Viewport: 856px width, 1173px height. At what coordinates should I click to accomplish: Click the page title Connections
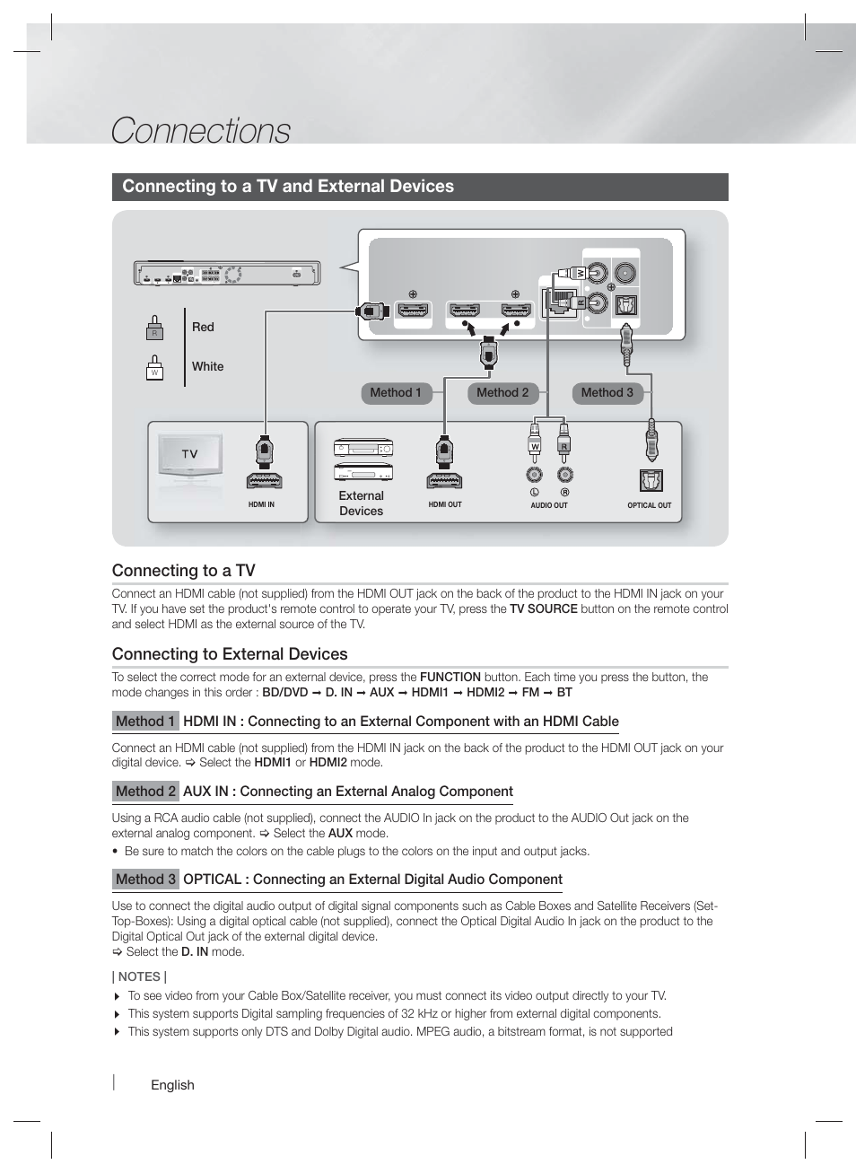[x=200, y=131]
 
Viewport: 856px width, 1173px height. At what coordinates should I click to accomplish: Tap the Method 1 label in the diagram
[x=396, y=393]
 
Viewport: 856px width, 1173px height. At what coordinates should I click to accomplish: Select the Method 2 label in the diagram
[x=502, y=393]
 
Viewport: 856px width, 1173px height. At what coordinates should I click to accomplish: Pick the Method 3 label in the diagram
[x=607, y=393]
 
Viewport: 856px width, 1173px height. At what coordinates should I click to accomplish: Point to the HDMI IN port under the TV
[x=263, y=480]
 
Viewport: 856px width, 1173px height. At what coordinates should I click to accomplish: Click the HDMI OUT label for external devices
[x=445, y=504]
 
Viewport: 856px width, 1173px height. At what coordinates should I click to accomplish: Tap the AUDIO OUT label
[x=549, y=505]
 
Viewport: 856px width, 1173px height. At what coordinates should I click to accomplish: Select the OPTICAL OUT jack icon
[x=651, y=481]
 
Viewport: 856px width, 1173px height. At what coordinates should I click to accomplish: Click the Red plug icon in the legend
[x=154, y=328]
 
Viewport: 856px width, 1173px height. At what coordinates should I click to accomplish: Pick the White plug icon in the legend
[x=154, y=368]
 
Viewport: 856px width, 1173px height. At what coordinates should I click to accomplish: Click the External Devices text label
[x=361, y=503]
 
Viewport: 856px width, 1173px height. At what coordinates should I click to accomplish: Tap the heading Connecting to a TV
[x=184, y=571]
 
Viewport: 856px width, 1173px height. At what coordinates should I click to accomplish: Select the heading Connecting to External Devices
[x=230, y=654]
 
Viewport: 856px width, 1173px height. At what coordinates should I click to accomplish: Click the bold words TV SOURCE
[x=543, y=608]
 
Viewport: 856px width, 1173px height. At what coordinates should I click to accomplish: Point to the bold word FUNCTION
[x=450, y=677]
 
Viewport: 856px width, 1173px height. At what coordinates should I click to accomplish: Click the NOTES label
[x=139, y=976]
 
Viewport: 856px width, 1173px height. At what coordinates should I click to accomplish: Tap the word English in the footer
[x=172, y=1085]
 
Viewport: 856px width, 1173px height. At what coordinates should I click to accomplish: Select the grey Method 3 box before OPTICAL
[x=145, y=880]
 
